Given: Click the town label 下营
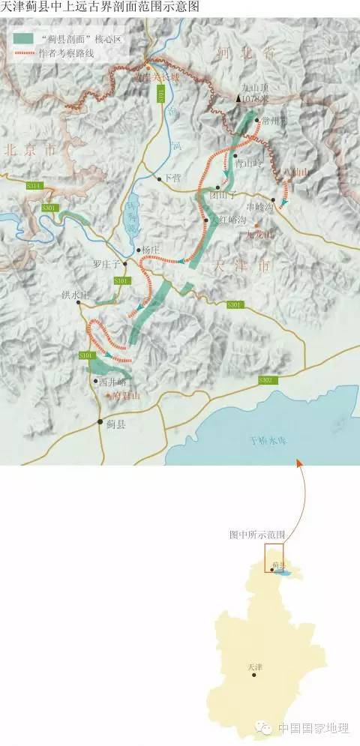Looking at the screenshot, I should point(172,178).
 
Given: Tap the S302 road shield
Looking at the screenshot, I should point(265,381).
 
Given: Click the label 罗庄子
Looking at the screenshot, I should point(107,264).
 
